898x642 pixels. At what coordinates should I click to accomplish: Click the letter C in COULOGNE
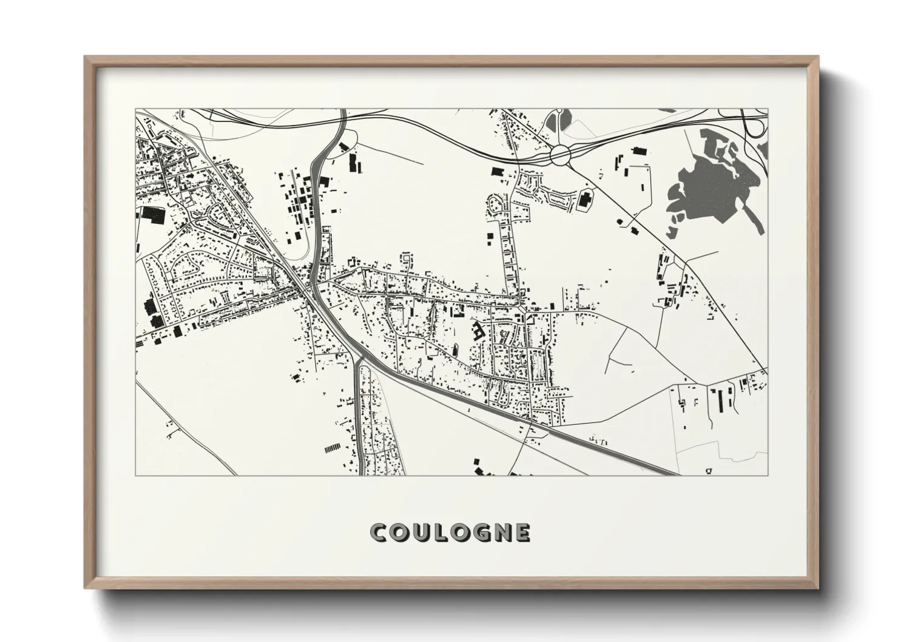pyautogui.click(x=379, y=533)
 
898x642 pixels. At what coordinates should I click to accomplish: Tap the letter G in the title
pyautogui.click(x=479, y=533)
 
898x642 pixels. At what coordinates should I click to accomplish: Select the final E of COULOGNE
pyautogui.click(x=522, y=533)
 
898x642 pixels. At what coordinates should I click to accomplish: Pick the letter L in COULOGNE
pyautogui.click(x=438, y=533)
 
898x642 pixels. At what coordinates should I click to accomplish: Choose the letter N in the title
pyautogui.click(x=501, y=533)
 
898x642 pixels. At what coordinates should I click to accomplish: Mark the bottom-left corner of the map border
pyautogui.click(x=136, y=475)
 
